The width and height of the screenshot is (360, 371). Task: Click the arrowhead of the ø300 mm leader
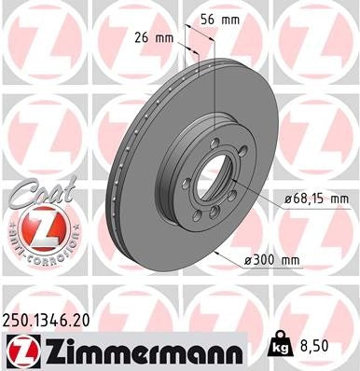pyautogui.click(x=218, y=254)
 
